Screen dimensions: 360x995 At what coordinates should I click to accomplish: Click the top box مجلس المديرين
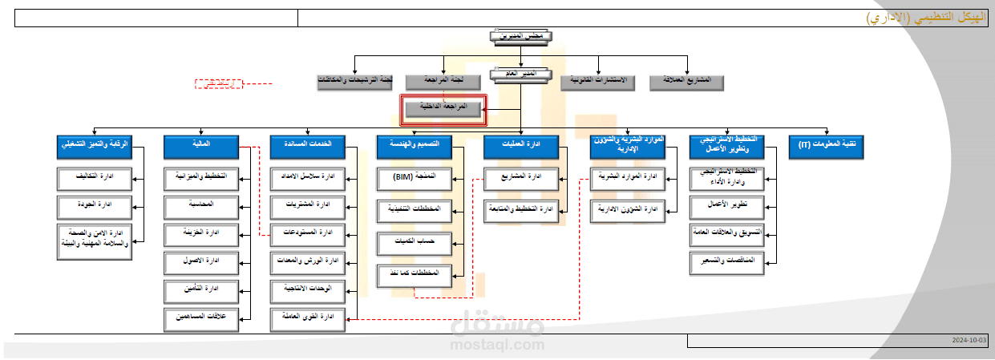pos(520,35)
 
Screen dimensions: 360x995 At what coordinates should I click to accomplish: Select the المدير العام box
pos(520,75)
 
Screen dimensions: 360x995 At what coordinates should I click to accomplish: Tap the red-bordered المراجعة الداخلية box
pos(443,108)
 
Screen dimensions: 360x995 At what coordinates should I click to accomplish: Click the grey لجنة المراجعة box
pos(443,81)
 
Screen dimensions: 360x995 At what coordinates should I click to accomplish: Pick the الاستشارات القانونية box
pos(597,81)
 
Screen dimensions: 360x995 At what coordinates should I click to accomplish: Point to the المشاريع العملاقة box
pos(687,81)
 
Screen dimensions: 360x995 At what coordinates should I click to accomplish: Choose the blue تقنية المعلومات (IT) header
pos(826,146)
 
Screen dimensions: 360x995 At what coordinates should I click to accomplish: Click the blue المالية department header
pos(201,146)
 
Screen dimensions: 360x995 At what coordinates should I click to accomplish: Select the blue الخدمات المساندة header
pos(308,146)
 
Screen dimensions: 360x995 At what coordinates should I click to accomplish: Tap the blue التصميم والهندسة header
pos(415,146)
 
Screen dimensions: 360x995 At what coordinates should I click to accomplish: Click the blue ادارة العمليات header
pos(521,146)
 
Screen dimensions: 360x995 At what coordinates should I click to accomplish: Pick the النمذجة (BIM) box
pos(415,178)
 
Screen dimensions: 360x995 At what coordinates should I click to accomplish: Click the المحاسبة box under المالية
pos(201,206)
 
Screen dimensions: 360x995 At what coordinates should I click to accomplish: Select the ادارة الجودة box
pos(95,206)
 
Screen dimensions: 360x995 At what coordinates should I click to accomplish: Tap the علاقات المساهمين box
pos(201,318)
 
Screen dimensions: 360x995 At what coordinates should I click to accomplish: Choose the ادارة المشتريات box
pos(308,206)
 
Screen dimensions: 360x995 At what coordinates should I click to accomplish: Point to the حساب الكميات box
pos(415,241)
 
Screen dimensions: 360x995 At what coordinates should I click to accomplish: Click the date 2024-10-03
pos(969,341)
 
